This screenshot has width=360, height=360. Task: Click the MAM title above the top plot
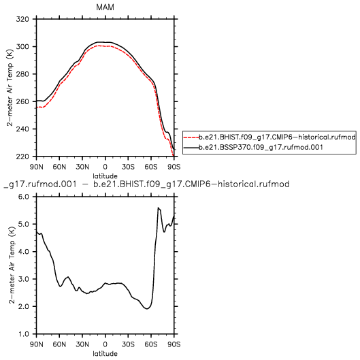point(105,7)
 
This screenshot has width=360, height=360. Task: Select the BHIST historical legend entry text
point(277,137)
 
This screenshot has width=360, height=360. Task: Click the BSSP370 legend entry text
point(261,147)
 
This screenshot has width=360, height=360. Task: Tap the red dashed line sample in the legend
point(191,137)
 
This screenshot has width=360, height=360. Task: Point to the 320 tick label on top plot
point(22,19)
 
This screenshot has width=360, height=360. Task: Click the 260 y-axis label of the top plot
point(22,101)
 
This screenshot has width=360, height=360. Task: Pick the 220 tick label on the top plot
point(22,157)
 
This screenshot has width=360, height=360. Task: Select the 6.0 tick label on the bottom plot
point(23,197)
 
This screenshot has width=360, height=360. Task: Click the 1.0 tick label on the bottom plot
point(23,334)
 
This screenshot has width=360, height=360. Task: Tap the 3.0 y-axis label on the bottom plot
point(23,279)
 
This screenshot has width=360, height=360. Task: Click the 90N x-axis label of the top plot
point(36,167)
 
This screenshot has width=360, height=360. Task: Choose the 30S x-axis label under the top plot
point(128,167)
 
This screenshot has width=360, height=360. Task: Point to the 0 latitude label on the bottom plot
point(105,344)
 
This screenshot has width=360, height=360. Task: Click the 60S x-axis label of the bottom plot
point(151,344)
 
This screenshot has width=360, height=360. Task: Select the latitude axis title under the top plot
point(105,176)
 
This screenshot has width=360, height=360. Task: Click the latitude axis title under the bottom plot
point(105,354)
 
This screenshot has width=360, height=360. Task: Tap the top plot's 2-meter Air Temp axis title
point(10,88)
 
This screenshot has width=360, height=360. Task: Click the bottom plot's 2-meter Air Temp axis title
point(12,265)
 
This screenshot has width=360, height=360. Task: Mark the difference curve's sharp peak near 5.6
point(158,208)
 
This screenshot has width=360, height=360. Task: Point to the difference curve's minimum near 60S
point(147,309)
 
